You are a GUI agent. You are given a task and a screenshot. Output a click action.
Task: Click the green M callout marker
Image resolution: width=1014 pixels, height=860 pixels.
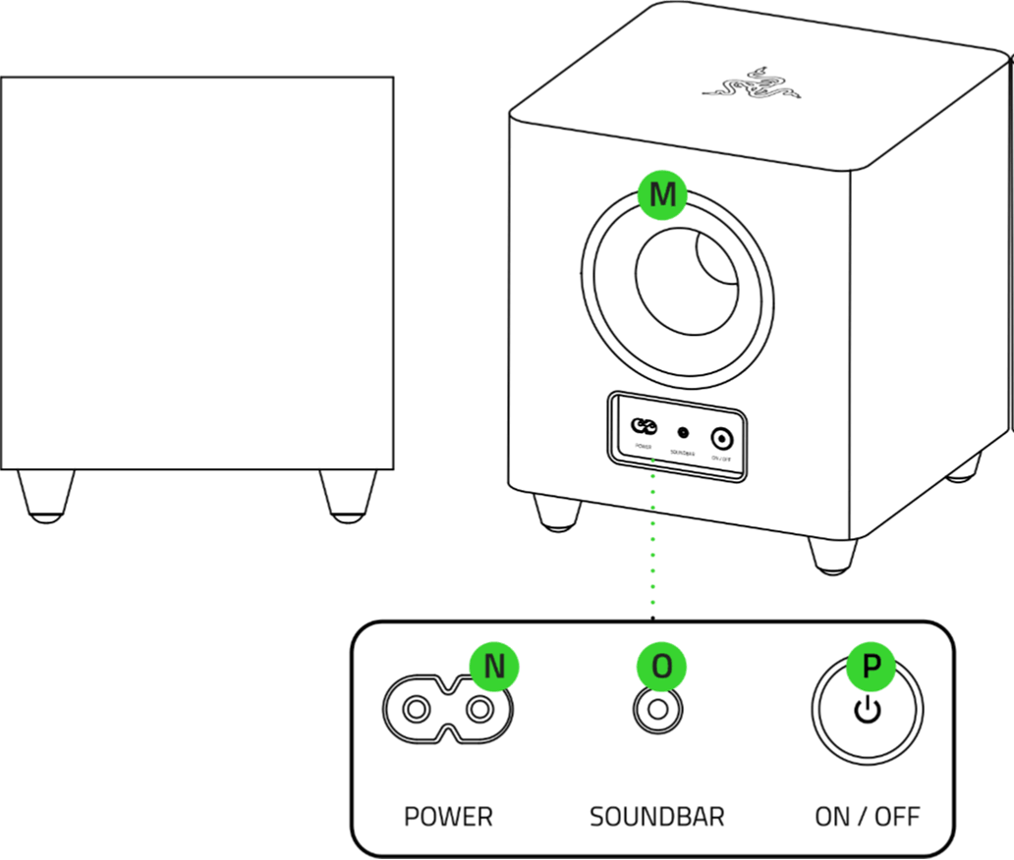[x=663, y=194]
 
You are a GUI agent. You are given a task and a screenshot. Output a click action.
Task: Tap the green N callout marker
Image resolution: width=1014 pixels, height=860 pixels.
[x=494, y=667]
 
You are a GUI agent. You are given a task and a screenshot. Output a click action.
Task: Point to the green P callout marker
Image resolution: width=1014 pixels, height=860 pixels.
[x=871, y=667]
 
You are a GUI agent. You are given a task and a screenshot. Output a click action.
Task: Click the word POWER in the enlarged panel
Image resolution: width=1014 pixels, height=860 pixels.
[x=448, y=816]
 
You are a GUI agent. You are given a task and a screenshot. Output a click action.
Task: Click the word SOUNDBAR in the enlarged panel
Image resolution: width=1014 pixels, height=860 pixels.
[x=656, y=816]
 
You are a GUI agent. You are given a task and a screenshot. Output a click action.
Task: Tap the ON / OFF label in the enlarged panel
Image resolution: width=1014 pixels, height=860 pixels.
[x=868, y=816]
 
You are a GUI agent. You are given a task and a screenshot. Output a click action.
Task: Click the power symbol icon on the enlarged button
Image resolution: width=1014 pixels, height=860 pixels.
[x=868, y=711]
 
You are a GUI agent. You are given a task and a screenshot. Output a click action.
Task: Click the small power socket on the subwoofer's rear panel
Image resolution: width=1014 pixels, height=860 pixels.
[x=644, y=427]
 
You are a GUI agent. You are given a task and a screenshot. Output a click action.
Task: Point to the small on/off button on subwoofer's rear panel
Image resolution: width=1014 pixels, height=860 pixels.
[x=722, y=438]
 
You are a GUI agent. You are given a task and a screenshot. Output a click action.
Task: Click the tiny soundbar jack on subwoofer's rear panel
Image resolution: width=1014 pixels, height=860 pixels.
[x=683, y=432]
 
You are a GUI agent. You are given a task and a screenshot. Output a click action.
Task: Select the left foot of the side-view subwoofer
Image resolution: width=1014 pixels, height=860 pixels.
[x=45, y=495]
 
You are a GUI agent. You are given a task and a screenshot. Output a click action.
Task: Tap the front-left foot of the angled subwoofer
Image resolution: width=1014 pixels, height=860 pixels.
[x=556, y=511]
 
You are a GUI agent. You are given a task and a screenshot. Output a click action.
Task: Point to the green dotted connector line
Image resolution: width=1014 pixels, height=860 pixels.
[x=652, y=550]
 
